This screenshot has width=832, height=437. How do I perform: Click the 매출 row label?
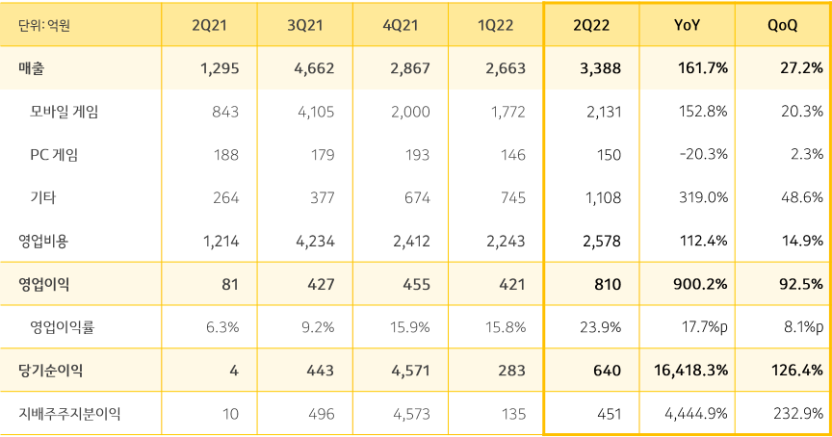coord(32,68)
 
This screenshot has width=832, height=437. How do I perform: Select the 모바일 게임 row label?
coord(65,112)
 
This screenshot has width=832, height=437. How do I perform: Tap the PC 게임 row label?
coord(54,155)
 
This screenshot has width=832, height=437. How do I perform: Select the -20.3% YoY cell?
coord(703,155)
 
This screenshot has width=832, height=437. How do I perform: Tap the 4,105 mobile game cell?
coord(315,112)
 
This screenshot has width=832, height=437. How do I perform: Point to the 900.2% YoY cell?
coord(701,284)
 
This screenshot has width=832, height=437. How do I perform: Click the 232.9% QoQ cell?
coord(798,414)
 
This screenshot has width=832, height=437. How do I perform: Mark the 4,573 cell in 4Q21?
coord(411,414)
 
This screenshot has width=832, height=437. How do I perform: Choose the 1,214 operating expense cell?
coord(221,241)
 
